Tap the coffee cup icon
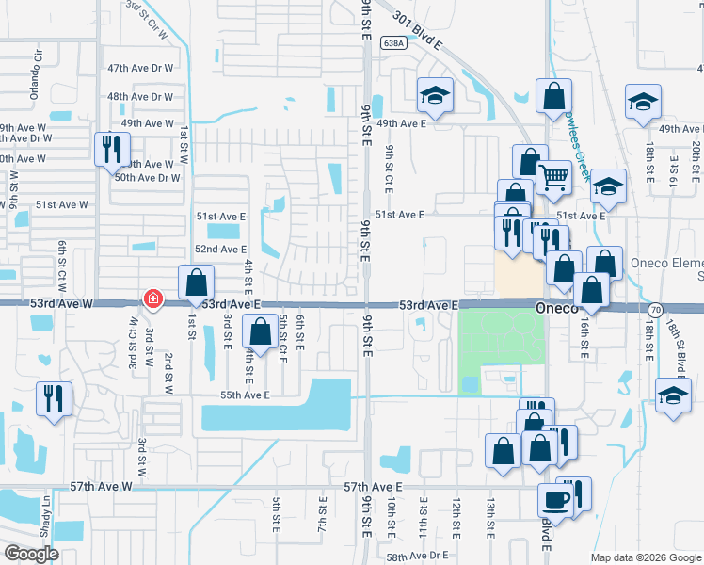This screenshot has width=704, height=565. (x=554, y=500)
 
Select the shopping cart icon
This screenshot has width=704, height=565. (x=553, y=175)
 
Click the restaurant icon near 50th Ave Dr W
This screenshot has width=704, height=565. (x=112, y=149)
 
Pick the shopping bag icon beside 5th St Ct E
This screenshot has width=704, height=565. (x=260, y=331)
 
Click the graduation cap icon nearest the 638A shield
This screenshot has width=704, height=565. (x=434, y=94)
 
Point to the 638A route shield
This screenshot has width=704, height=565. (x=394, y=42)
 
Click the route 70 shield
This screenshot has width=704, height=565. (x=655, y=308)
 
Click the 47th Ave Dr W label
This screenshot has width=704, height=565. (x=141, y=69)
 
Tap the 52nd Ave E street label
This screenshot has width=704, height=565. (x=220, y=249)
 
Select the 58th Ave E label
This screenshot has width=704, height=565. (x=408, y=557)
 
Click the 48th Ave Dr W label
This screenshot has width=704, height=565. (x=141, y=96)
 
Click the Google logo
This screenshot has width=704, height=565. (x=31, y=554)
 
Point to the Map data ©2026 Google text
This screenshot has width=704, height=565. (x=644, y=557)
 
